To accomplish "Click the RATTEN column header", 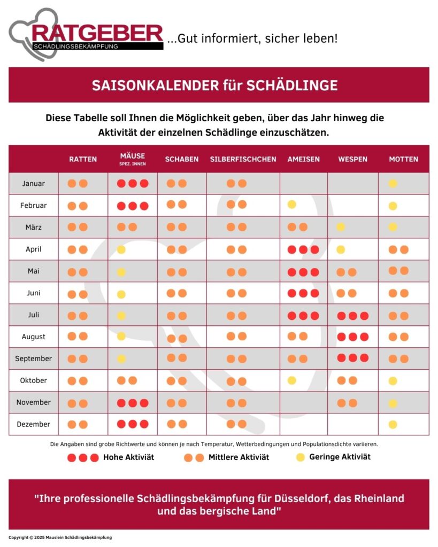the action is coord(83,159).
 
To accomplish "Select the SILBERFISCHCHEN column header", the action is coord(243,159).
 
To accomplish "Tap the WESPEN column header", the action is coord(353,159).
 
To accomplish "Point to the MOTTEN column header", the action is coord(403,159).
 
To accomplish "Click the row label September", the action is coord(34,358).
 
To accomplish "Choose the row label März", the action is coord(34,227).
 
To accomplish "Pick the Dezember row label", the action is coord(34,424).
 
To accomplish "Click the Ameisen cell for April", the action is coord(303,249).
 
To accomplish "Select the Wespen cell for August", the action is coord(353,337).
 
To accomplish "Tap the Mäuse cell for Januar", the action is coord(133,184).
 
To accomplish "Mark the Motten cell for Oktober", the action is coord(403,380).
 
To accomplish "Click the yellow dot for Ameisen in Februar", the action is coord(292,205).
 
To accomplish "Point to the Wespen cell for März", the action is coord(353,227).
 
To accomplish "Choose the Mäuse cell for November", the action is coord(133,403).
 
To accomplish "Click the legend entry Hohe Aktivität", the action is coord(111,457).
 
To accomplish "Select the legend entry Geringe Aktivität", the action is coord(333,457).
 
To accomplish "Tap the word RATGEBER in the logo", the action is coord(97,34).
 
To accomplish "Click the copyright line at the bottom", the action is coord(60,537).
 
